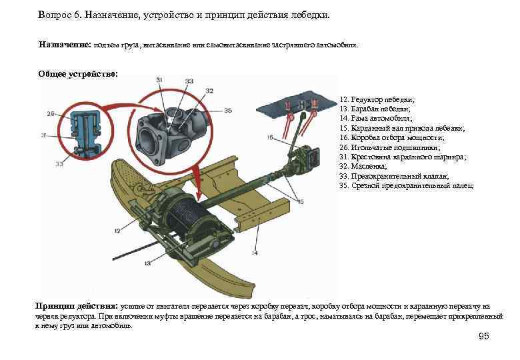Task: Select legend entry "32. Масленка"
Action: coord(363,166)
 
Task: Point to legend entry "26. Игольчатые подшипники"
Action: coord(389,147)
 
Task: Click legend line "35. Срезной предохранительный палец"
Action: coord(406,185)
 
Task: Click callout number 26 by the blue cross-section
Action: coord(51,114)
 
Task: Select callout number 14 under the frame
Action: coord(254,253)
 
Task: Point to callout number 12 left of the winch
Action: coord(117,230)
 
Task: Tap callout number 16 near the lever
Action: coord(270,137)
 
